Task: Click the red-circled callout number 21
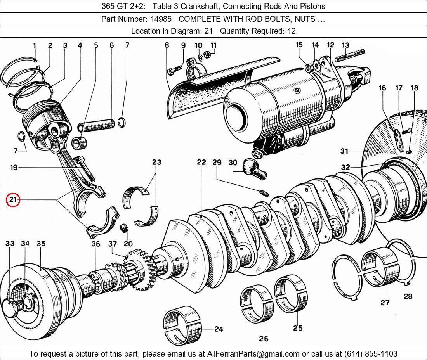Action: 13,200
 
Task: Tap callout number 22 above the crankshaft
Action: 201,162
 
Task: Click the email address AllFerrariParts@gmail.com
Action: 253,354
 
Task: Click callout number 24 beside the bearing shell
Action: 219,329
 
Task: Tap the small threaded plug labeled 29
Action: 264,192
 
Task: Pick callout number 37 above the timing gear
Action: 112,244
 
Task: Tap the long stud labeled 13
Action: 349,56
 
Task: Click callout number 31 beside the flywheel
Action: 344,151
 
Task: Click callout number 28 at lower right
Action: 408,296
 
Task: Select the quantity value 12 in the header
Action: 292,31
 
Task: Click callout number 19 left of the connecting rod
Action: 14,168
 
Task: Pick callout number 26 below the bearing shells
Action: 264,339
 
